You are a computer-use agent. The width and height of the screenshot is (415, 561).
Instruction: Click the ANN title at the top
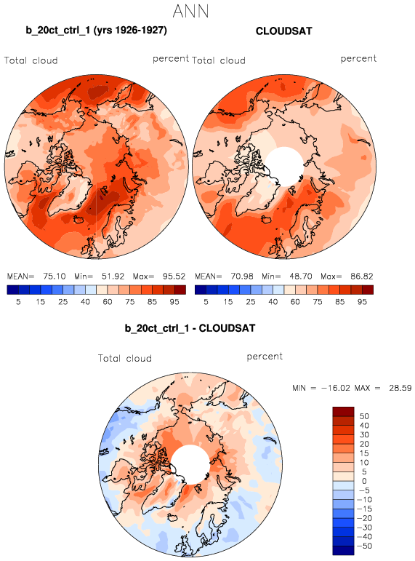[190, 11]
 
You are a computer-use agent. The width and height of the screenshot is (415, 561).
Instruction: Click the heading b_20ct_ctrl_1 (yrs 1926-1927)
[96, 30]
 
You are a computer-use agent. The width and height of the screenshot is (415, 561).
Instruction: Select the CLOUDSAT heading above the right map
[284, 31]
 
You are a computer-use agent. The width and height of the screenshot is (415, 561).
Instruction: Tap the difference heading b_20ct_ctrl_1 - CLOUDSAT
[190, 328]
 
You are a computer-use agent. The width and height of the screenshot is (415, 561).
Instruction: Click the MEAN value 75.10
[55, 276]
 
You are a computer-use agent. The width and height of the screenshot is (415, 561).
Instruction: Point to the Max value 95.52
[174, 276]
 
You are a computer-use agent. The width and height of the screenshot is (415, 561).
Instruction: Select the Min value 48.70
[301, 276]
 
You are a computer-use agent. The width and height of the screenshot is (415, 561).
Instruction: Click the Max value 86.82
[362, 276]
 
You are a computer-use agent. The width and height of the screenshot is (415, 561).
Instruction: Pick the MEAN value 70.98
[242, 276]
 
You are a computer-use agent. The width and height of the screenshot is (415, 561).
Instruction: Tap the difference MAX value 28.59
[400, 388]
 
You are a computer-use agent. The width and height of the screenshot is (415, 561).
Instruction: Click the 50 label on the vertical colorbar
[364, 416]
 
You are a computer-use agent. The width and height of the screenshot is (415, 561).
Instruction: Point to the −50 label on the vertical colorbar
[364, 546]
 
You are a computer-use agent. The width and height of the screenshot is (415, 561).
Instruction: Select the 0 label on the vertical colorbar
[364, 481]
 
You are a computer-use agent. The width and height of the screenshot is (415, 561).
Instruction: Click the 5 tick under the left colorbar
[18, 302]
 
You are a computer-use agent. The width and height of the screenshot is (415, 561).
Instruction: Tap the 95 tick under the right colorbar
[362, 302]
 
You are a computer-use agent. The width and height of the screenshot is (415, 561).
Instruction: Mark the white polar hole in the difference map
[190, 464]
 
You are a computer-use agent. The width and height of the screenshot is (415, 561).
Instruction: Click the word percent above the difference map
[265, 357]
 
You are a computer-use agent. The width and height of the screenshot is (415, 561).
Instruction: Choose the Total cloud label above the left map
[31, 60]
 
